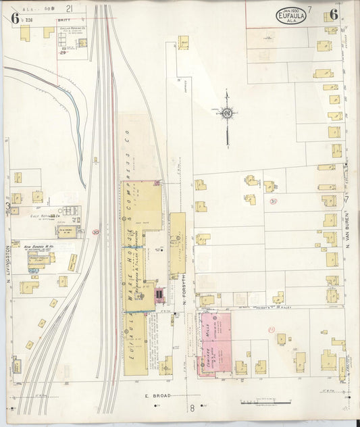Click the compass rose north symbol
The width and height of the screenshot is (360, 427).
(227, 114)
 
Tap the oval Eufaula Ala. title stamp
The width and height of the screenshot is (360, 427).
(291, 16)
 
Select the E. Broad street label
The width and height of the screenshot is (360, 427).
(155, 396)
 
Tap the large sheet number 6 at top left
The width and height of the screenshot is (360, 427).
(14, 18)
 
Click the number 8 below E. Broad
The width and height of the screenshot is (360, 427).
(191, 408)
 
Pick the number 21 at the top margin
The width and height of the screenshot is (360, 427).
(70, 8)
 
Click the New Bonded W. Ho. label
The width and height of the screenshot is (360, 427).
(39, 247)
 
